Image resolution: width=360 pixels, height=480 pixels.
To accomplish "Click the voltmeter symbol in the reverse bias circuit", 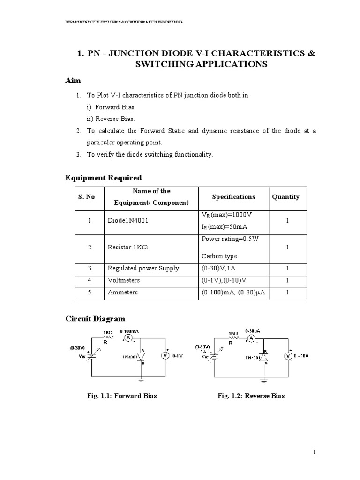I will pos(288,356).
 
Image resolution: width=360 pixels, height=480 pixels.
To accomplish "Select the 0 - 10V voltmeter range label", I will pos(301,356).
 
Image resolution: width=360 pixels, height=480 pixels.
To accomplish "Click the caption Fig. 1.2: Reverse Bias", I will pos(251,396).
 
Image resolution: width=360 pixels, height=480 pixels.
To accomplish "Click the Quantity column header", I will pos(285,197).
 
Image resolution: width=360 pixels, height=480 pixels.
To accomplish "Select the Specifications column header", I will pos(233,197).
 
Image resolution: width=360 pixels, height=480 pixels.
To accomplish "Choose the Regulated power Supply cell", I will pos(143,268).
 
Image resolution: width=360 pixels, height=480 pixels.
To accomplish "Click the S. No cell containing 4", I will pos(89,280).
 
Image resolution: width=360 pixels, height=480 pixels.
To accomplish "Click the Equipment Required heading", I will pos(103,178).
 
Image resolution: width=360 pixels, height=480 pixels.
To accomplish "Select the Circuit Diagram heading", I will pos(95,319).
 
